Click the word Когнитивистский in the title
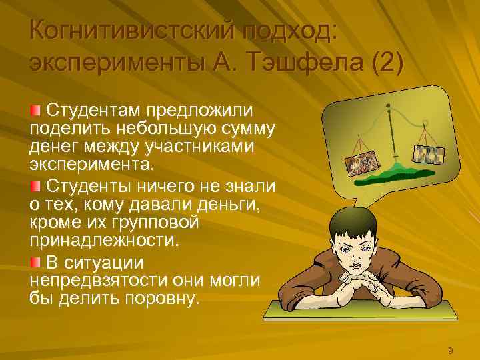coord(131,29)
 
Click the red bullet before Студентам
coord(35,109)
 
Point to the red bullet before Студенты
coord(35,183)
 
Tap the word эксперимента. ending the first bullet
coord(91,164)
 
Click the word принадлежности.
coord(106,238)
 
